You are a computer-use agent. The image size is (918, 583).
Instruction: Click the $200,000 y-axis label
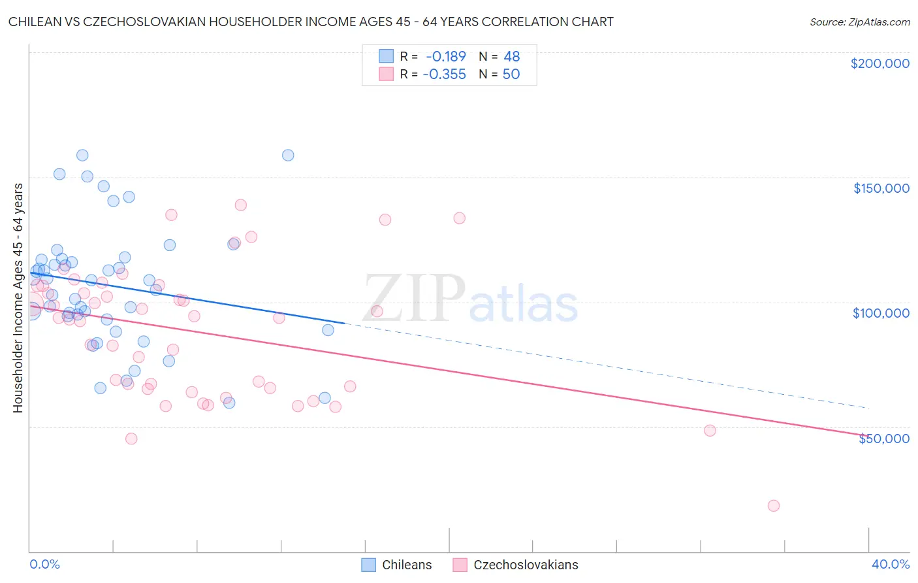[879, 63]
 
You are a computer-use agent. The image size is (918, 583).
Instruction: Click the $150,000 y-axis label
[881, 188]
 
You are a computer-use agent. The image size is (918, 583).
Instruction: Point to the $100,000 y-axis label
[881, 313]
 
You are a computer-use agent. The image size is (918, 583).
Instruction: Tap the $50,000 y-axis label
[883, 439]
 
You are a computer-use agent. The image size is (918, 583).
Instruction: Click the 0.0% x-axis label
[44, 565]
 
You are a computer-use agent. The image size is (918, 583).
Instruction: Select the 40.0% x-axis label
[890, 565]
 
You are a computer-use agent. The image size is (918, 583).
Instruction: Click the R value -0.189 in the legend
[446, 57]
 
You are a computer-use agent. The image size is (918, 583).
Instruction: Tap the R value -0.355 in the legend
[445, 75]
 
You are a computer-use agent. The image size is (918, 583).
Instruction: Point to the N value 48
[511, 57]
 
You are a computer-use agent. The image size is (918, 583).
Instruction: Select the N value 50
[511, 75]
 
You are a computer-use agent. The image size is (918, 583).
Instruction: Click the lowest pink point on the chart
[774, 506]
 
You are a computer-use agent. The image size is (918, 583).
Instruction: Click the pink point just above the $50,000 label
[710, 431]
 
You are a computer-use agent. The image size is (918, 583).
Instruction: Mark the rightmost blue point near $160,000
[288, 156]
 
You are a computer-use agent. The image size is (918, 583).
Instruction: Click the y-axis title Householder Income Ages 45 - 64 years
[18, 298]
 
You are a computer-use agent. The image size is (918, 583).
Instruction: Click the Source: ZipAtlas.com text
[859, 22]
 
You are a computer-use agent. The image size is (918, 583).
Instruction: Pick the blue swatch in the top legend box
[387, 57]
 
